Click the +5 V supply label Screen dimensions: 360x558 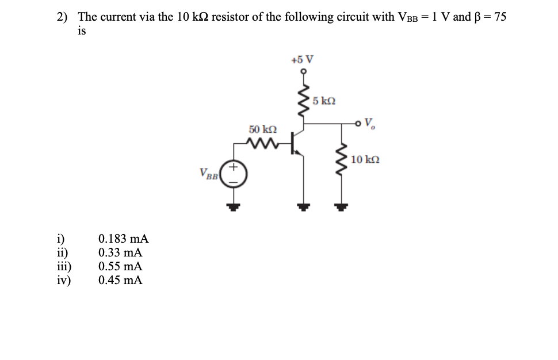[x=303, y=59]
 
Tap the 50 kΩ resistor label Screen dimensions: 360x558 [x=262, y=131]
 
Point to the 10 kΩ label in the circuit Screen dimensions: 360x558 [x=365, y=159]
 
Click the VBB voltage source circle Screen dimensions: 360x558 [x=234, y=174]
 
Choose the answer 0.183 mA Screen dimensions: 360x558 [x=124, y=239]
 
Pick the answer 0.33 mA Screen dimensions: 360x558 [x=120, y=252]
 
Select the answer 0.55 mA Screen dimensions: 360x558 [x=120, y=266]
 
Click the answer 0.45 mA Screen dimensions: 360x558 [x=120, y=280]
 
